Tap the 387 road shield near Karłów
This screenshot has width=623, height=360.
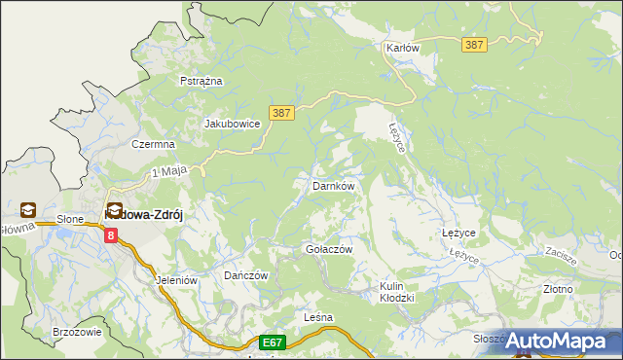click(475, 45)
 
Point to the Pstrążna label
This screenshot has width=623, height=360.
click(202, 81)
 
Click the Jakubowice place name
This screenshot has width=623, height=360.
click(232, 124)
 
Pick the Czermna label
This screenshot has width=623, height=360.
click(154, 144)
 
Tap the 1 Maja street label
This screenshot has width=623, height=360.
click(168, 172)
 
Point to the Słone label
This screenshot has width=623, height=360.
click(70, 219)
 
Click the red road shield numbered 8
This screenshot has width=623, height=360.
click(111, 234)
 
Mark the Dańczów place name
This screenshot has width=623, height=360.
click(245, 275)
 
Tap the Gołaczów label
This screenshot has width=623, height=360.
click(322, 249)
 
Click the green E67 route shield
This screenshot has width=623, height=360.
click(274, 342)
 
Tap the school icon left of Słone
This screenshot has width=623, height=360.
click(26, 210)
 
